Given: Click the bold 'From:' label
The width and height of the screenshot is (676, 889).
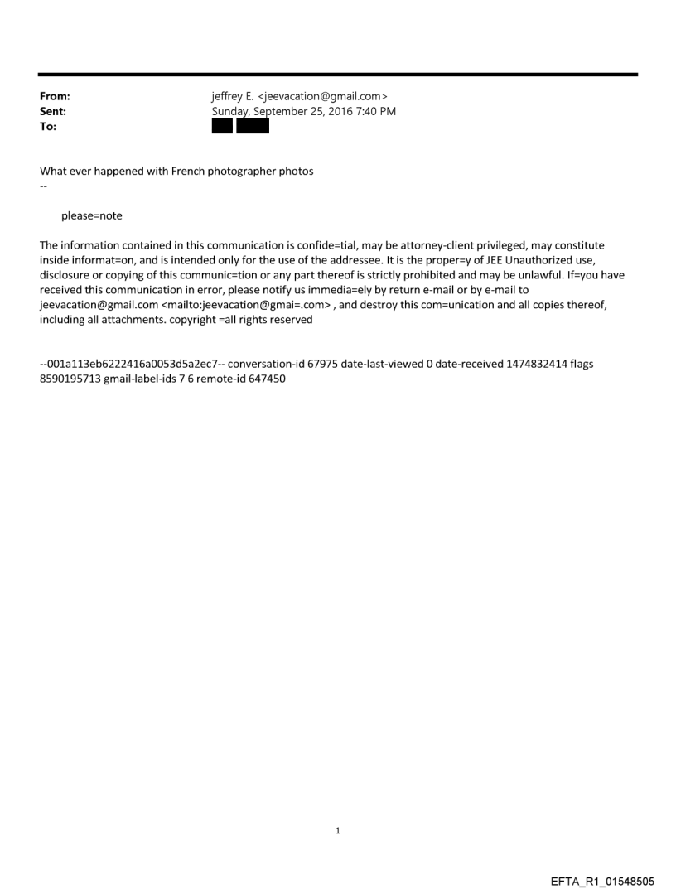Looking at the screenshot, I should pyautogui.click(x=55, y=97).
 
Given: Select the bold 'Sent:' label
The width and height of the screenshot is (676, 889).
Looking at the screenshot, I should pyautogui.click(x=53, y=112).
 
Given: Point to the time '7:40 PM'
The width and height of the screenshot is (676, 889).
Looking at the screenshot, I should pyautogui.click(x=374, y=112).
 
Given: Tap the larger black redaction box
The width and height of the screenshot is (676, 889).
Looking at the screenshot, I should pyautogui.click(x=253, y=127).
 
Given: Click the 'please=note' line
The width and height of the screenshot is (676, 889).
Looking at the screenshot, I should pyautogui.click(x=91, y=216).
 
